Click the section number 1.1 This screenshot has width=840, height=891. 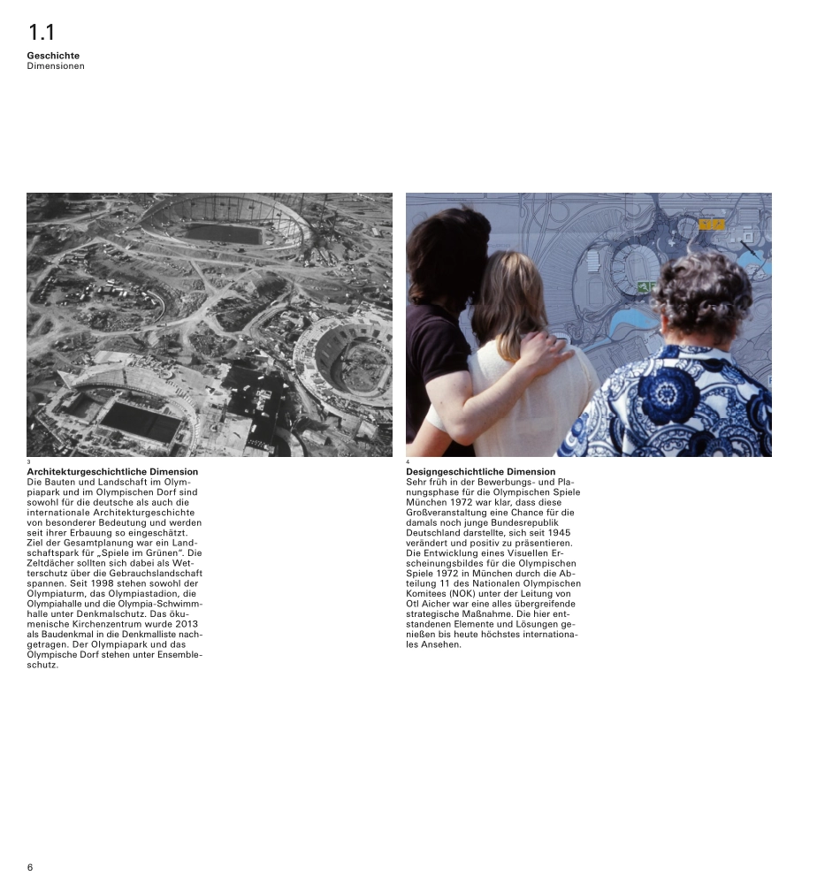41,34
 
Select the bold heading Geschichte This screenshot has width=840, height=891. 53,56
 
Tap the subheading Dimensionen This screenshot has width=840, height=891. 56,66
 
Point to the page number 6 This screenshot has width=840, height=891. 30,867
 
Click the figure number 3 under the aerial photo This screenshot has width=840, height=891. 29,462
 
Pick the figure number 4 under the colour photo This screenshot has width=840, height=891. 408,462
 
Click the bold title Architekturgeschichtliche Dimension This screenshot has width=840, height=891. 112,472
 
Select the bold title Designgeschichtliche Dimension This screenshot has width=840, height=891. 481,472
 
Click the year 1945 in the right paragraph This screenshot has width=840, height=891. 559,533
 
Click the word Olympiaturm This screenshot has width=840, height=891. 55,594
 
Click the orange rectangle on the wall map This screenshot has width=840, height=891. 712,225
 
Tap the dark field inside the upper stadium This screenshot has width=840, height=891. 224,233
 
